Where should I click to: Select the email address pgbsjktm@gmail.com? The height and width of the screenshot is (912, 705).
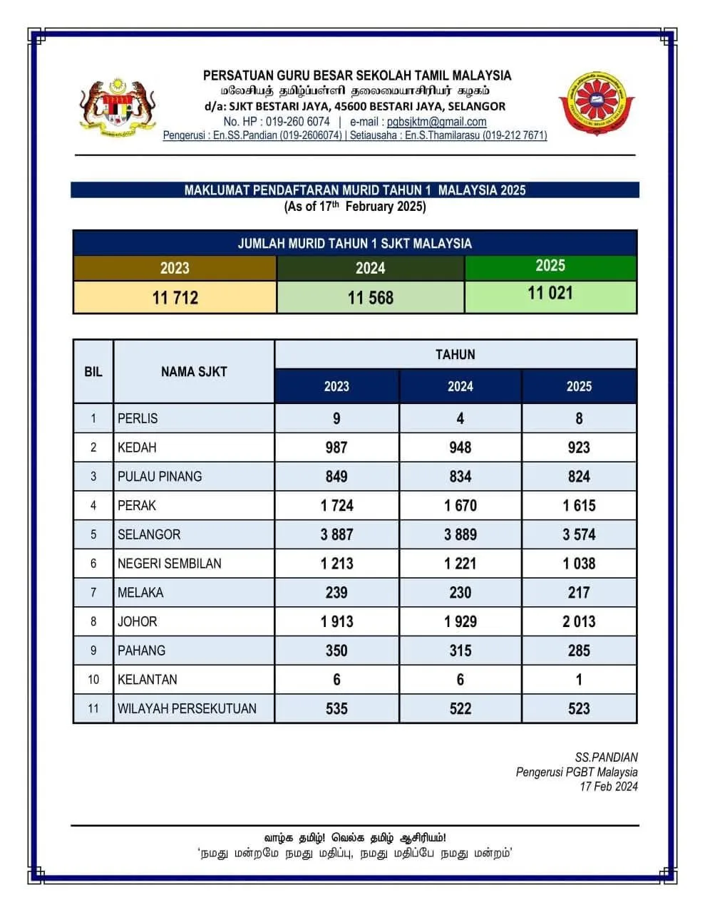[436, 122]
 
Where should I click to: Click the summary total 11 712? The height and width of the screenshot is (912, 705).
[175, 297]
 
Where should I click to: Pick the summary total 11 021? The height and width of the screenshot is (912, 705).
[550, 293]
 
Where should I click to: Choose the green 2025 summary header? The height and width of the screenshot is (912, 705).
[550, 266]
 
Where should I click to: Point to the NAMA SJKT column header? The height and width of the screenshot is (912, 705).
[194, 371]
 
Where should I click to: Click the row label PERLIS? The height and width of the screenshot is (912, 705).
[138, 418]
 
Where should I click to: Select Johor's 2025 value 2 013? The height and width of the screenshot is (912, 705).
[579, 621]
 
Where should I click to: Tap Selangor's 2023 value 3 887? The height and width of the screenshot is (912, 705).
[336, 534]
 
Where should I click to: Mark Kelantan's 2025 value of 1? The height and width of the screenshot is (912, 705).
[579, 680]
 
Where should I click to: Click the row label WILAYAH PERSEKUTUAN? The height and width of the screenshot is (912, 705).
[187, 708]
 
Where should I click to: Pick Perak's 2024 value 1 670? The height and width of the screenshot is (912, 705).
[460, 505]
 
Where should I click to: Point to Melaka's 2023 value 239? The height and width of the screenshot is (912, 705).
[336, 592]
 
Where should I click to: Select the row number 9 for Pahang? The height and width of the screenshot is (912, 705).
[93, 651]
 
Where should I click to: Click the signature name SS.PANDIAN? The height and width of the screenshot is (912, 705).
[606, 757]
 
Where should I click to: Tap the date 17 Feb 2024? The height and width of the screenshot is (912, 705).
[609, 787]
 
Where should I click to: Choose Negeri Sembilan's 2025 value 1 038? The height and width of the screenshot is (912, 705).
[579, 564]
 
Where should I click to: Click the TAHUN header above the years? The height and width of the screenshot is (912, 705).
[455, 354]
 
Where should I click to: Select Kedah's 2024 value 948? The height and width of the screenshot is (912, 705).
[460, 447]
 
